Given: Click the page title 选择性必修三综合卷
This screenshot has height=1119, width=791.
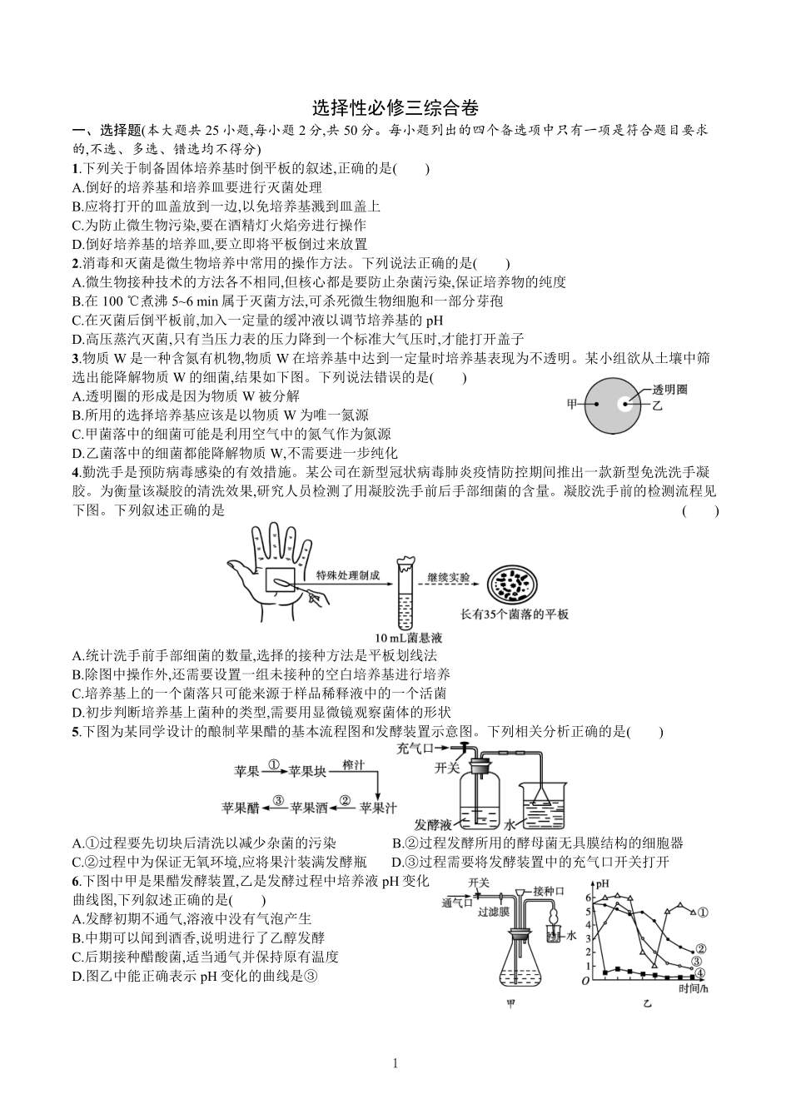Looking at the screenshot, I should click(395, 108).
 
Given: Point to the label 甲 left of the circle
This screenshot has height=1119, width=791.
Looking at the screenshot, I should click(572, 405).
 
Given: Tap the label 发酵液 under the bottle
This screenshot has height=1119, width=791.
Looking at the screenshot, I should click(433, 824).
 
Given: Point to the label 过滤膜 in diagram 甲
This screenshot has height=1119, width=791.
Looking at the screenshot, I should click(493, 913).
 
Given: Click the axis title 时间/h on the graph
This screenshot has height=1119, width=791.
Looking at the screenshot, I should click(693, 988).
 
